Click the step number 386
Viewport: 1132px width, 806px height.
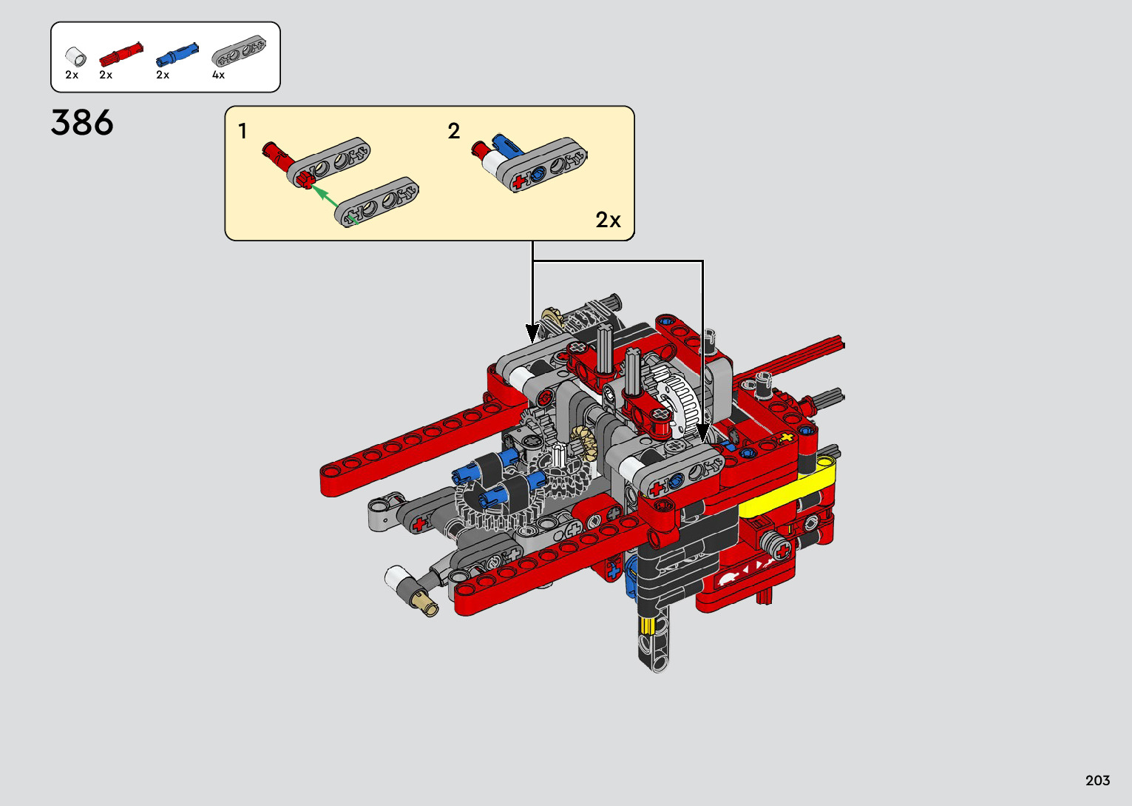[x=82, y=123]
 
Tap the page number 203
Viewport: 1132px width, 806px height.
[x=1098, y=780]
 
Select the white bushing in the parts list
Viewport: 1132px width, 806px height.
[x=75, y=56]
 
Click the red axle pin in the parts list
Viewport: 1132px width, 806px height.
[x=121, y=54]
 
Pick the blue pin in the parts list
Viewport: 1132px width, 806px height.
[x=177, y=54]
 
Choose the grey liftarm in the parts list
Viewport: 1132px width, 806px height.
[x=239, y=50]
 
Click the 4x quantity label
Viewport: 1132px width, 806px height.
[x=218, y=75]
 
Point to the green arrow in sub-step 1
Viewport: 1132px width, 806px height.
[x=334, y=204]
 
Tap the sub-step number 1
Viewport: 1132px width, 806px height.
[x=243, y=132]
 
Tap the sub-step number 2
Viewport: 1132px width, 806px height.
[x=454, y=131]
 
